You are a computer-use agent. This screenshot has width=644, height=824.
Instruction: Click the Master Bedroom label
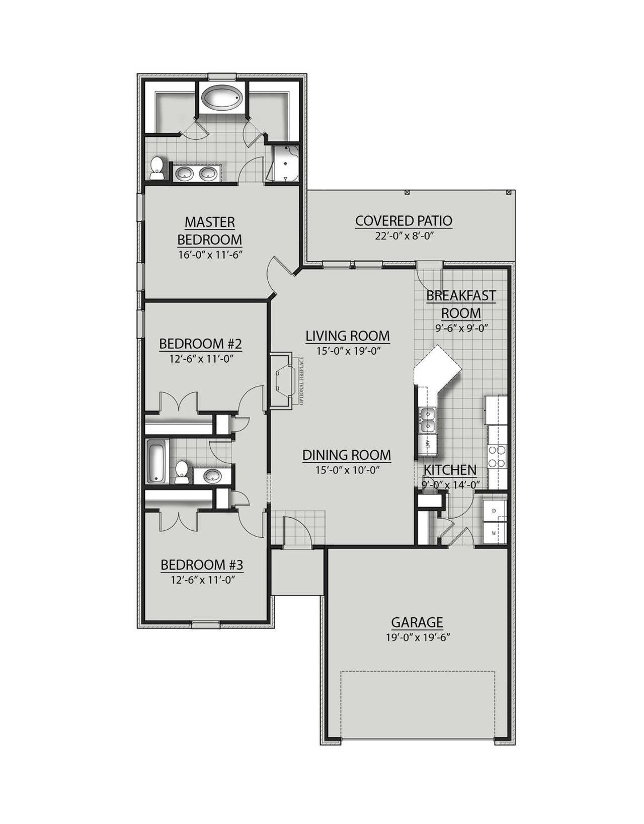coord(209,230)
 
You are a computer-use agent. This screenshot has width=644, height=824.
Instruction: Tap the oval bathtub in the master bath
coord(222,97)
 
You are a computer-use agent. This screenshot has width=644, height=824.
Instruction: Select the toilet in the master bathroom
coord(157,168)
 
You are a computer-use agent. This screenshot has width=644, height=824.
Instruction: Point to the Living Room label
coord(348,336)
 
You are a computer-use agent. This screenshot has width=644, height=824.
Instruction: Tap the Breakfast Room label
coord(461,304)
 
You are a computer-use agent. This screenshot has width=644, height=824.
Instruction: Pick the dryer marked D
coord(494,511)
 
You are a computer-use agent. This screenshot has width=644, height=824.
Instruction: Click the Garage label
coord(417,622)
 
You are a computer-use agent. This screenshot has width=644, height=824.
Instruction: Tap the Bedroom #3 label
coord(202,565)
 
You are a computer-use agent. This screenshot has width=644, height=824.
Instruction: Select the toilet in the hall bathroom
coord(181,472)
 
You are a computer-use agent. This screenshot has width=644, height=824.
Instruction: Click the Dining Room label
coord(347,455)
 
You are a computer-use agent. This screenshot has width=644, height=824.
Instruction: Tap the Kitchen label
coord(450,470)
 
